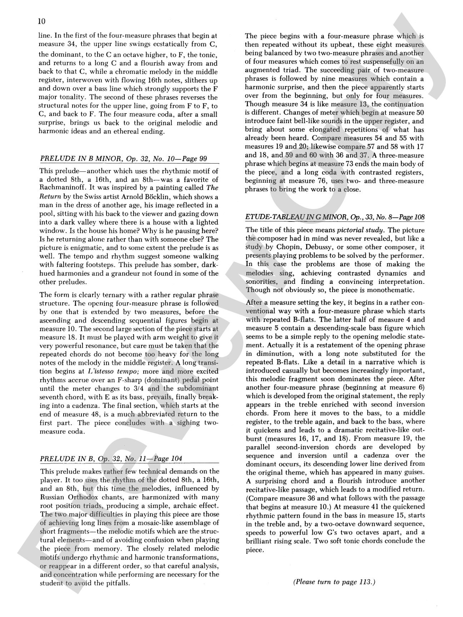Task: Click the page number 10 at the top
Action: pyautogui.click(x=41, y=21)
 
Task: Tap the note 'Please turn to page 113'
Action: pyautogui.click(x=334, y=582)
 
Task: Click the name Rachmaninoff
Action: pyautogui.click(x=62, y=188)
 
